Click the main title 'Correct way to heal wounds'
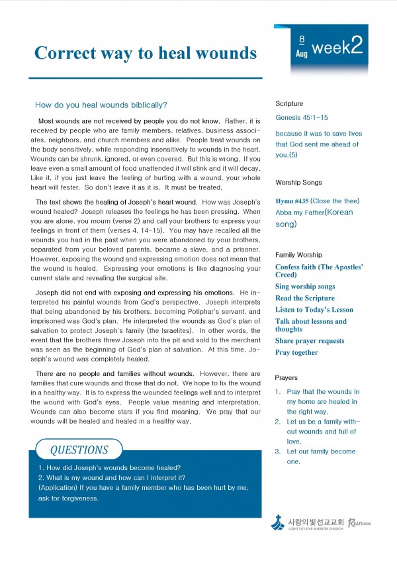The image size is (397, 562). pos(146,52)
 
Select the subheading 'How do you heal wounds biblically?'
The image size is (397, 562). pos(101,105)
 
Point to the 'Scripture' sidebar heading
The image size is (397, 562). pos(289,104)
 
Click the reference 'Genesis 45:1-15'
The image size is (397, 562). pos(302,117)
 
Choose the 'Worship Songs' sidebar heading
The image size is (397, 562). pos(298,182)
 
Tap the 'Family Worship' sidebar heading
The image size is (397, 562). pos(298,255)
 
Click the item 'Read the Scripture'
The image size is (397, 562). pos(305,298)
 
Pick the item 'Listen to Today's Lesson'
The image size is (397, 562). pos(314,310)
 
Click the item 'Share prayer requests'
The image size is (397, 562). pos(310,341)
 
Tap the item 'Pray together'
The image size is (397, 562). pos(296,353)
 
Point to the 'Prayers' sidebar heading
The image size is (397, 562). pos(287,378)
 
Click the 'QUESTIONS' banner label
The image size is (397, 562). pos(79,450)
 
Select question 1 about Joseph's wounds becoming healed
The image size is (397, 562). pos(110,467)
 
